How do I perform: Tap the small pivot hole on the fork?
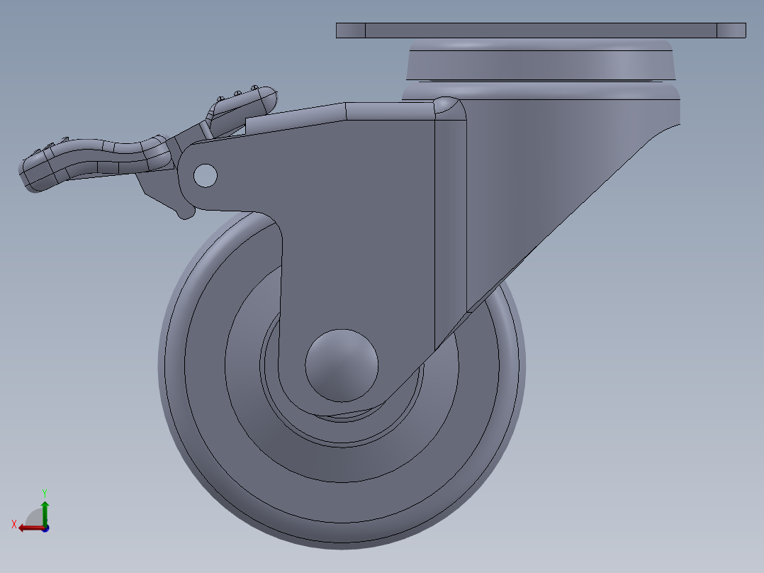click(x=205, y=175)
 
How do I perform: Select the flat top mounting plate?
click(x=540, y=30)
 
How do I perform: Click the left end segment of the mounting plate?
click(x=350, y=30)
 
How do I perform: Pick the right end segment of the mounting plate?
click(x=731, y=30)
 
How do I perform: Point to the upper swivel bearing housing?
click(x=540, y=61)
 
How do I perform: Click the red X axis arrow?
click(x=30, y=528)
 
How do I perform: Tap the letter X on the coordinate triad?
click(x=14, y=524)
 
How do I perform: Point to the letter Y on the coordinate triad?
click(x=45, y=492)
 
